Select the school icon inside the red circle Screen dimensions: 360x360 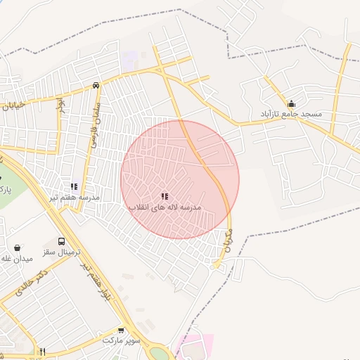click(165, 197)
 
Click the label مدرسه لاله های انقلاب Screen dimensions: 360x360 click(165, 208)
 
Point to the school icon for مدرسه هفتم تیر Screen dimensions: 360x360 click(73, 186)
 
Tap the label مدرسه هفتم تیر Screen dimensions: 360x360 click(73, 198)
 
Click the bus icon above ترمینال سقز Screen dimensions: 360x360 click(61, 241)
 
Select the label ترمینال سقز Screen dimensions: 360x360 click(64, 252)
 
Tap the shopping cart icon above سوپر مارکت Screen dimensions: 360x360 click(121, 330)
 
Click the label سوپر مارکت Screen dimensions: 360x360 click(122, 340)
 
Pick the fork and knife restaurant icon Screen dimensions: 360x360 click(42, 352)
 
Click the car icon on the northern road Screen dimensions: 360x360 click(96, 85)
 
